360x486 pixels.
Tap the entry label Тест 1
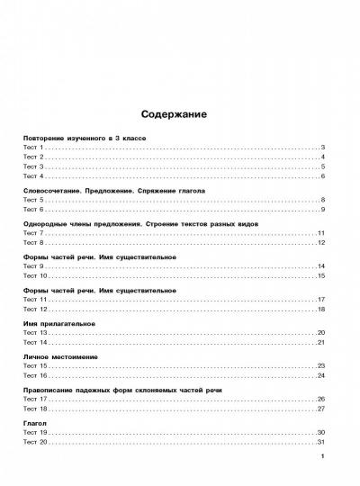[32, 147]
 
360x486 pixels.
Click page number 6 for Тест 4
[321, 176]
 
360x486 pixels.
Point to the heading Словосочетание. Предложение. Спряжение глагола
[113, 191]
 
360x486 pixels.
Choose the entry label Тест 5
[32, 200]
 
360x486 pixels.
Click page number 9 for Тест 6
[321, 210]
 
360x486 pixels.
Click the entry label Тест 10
[34, 276]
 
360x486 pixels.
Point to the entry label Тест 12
[34, 310]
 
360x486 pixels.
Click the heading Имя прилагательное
[58, 323]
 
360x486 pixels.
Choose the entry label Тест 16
[34, 376]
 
